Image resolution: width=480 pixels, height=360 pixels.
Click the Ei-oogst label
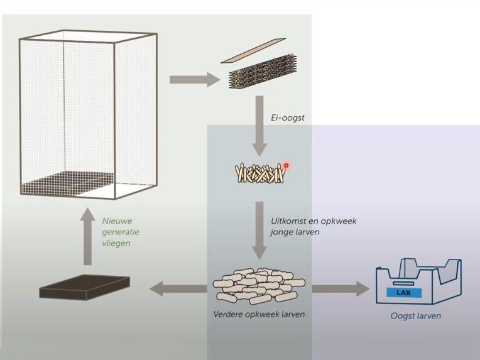(x=288, y=117)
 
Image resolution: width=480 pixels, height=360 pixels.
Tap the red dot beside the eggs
(x=286, y=166)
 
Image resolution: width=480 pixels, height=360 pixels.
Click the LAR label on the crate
(x=404, y=293)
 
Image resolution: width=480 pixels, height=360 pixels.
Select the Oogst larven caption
(x=415, y=315)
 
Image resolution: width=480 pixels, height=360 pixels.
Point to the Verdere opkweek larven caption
(x=259, y=314)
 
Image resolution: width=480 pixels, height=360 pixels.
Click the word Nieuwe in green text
(x=117, y=221)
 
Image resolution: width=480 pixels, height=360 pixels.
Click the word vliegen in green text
(x=117, y=243)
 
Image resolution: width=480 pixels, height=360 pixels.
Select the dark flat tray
(x=84, y=286)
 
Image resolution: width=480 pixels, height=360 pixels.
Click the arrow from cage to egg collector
(x=192, y=80)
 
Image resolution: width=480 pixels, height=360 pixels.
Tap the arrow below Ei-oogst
(x=259, y=125)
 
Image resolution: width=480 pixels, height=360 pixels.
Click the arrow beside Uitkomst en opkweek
(x=259, y=230)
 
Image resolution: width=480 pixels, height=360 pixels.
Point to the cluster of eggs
(x=259, y=173)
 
